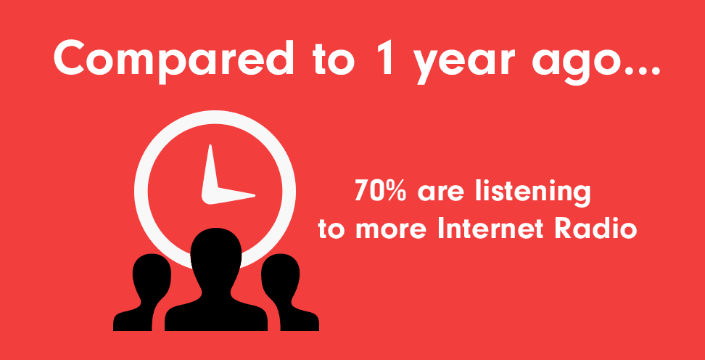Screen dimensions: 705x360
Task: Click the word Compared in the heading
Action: (x=174, y=60)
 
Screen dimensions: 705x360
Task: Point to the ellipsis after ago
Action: (x=640, y=69)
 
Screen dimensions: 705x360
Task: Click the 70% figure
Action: (x=380, y=190)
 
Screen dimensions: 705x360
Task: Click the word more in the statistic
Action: (x=391, y=232)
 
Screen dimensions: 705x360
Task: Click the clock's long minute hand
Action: (x=210, y=172)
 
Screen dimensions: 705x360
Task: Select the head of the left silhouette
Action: (x=152, y=275)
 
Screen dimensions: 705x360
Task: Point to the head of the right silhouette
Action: (x=281, y=275)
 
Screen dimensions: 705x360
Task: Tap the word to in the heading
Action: (x=334, y=61)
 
